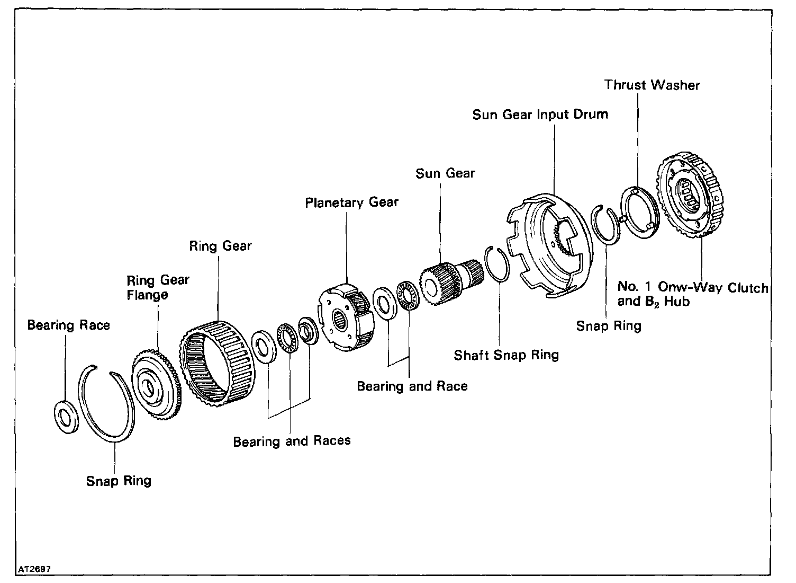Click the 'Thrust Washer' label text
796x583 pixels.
[652, 85]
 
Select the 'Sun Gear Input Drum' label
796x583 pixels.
[540, 114]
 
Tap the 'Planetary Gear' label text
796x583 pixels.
[352, 202]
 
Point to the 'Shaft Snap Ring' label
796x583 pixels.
[506, 355]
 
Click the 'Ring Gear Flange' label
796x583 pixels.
[158, 287]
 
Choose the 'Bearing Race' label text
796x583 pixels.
[69, 325]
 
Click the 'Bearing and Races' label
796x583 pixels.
[292, 440]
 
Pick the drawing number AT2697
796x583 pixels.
[35, 569]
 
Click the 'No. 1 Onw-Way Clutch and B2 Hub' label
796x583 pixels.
[692, 295]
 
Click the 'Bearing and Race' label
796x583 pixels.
[412, 386]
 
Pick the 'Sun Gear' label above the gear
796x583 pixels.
[445, 173]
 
